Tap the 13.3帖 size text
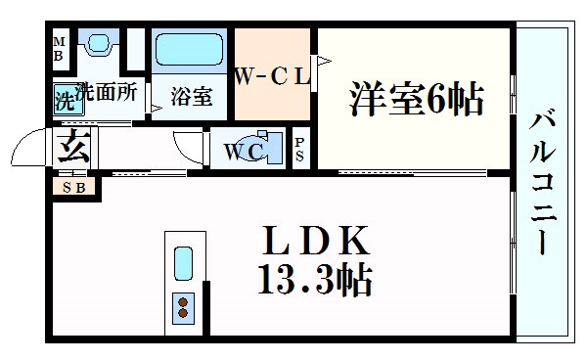315,282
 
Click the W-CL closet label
271,75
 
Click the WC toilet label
239,151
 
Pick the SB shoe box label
73,187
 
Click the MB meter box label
59,48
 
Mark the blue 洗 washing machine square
65,103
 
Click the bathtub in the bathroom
191,50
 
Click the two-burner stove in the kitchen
183,307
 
